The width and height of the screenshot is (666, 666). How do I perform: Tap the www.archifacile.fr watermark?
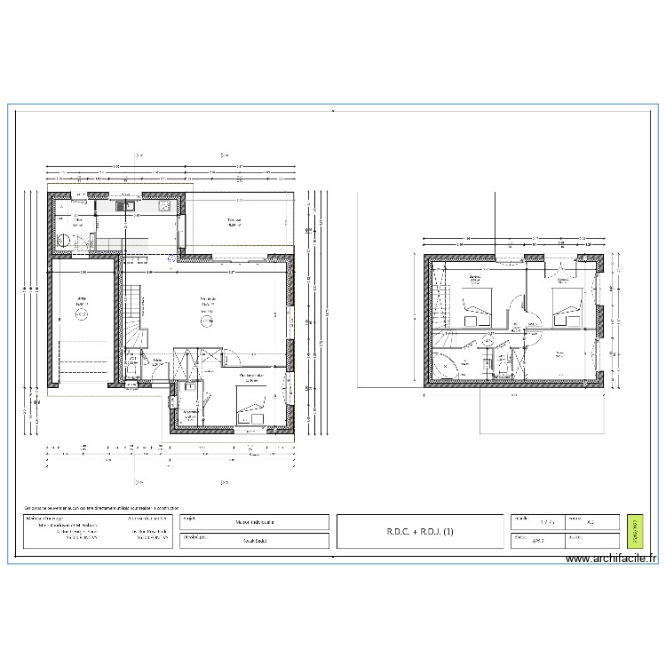tap(613, 559)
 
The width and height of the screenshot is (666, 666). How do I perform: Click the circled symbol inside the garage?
tap(81, 313)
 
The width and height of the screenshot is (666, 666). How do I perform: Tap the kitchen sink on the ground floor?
tap(126, 207)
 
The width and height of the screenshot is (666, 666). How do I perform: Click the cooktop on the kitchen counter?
tap(163, 207)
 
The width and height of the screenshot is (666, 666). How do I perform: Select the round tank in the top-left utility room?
tap(64, 240)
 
